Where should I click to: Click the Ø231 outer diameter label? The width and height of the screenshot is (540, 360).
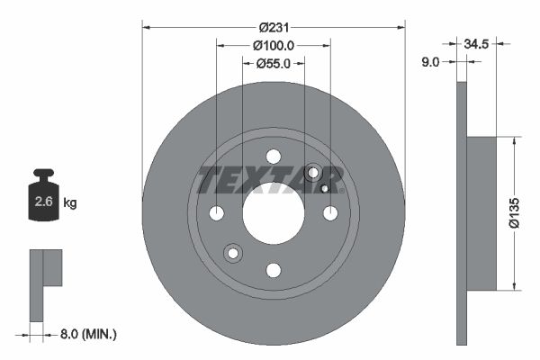[x=274, y=27]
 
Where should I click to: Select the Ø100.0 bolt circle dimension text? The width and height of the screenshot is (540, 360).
[x=274, y=46]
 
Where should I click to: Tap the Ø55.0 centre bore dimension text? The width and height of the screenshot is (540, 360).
[x=274, y=64]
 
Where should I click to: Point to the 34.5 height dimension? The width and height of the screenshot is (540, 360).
[x=476, y=44]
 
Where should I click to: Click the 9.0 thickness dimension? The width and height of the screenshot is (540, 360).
[x=431, y=62]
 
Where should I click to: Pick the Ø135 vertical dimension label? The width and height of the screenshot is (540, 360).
[x=514, y=213]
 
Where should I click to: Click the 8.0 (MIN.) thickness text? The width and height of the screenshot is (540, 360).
[x=88, y=334]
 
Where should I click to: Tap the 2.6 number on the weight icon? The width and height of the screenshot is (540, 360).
[x=43, y=202]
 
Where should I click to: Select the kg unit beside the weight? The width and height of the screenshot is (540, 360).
[x=70, y=202]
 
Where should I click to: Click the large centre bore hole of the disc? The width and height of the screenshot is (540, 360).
[x=274, y=213]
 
